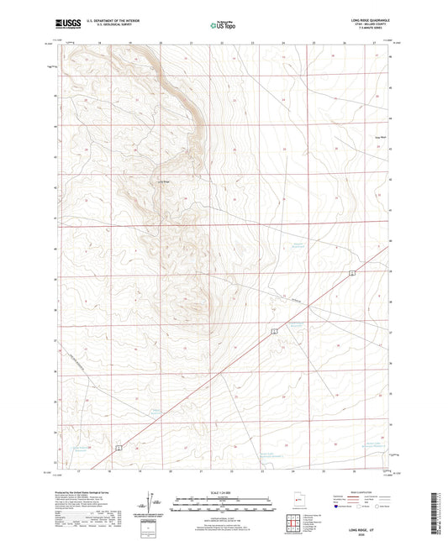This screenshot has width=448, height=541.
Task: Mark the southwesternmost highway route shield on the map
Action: pos(119,448)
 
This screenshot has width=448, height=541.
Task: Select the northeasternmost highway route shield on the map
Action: pos(354,274)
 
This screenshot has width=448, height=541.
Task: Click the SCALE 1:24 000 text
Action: pos(223,491)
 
